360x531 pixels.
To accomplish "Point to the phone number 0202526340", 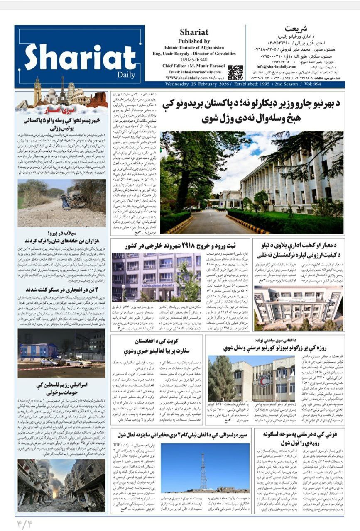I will point(193,59).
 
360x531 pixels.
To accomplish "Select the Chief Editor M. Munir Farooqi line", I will point(193,66).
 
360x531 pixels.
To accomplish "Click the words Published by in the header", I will point(193,41).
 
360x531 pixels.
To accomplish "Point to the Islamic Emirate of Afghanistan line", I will point(193,48).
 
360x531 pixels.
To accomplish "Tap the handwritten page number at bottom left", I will point(24,524).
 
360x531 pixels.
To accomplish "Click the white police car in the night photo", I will point(78,363).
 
